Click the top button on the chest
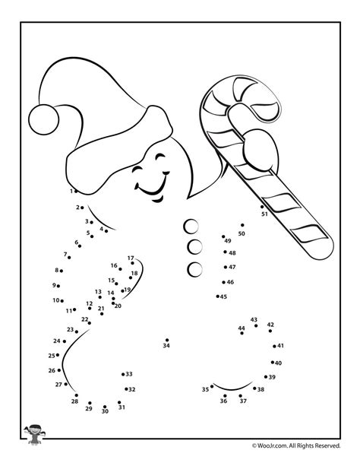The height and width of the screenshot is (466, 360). [x=192, y=226]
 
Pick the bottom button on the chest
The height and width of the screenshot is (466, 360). [x=194, y=268]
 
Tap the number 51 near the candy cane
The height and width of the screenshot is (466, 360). [x=264, y=214]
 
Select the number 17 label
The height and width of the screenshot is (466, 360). [x=131, y=258]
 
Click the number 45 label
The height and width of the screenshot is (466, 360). [x=223, y=296]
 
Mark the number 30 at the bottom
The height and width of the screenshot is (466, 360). [x=105, y=411]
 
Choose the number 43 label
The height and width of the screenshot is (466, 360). [x=254, y=320]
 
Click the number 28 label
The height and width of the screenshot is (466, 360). [x=74, y=401]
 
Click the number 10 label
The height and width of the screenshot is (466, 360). [x=55, y=300]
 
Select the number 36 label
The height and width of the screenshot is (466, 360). [x=223, y=401]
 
